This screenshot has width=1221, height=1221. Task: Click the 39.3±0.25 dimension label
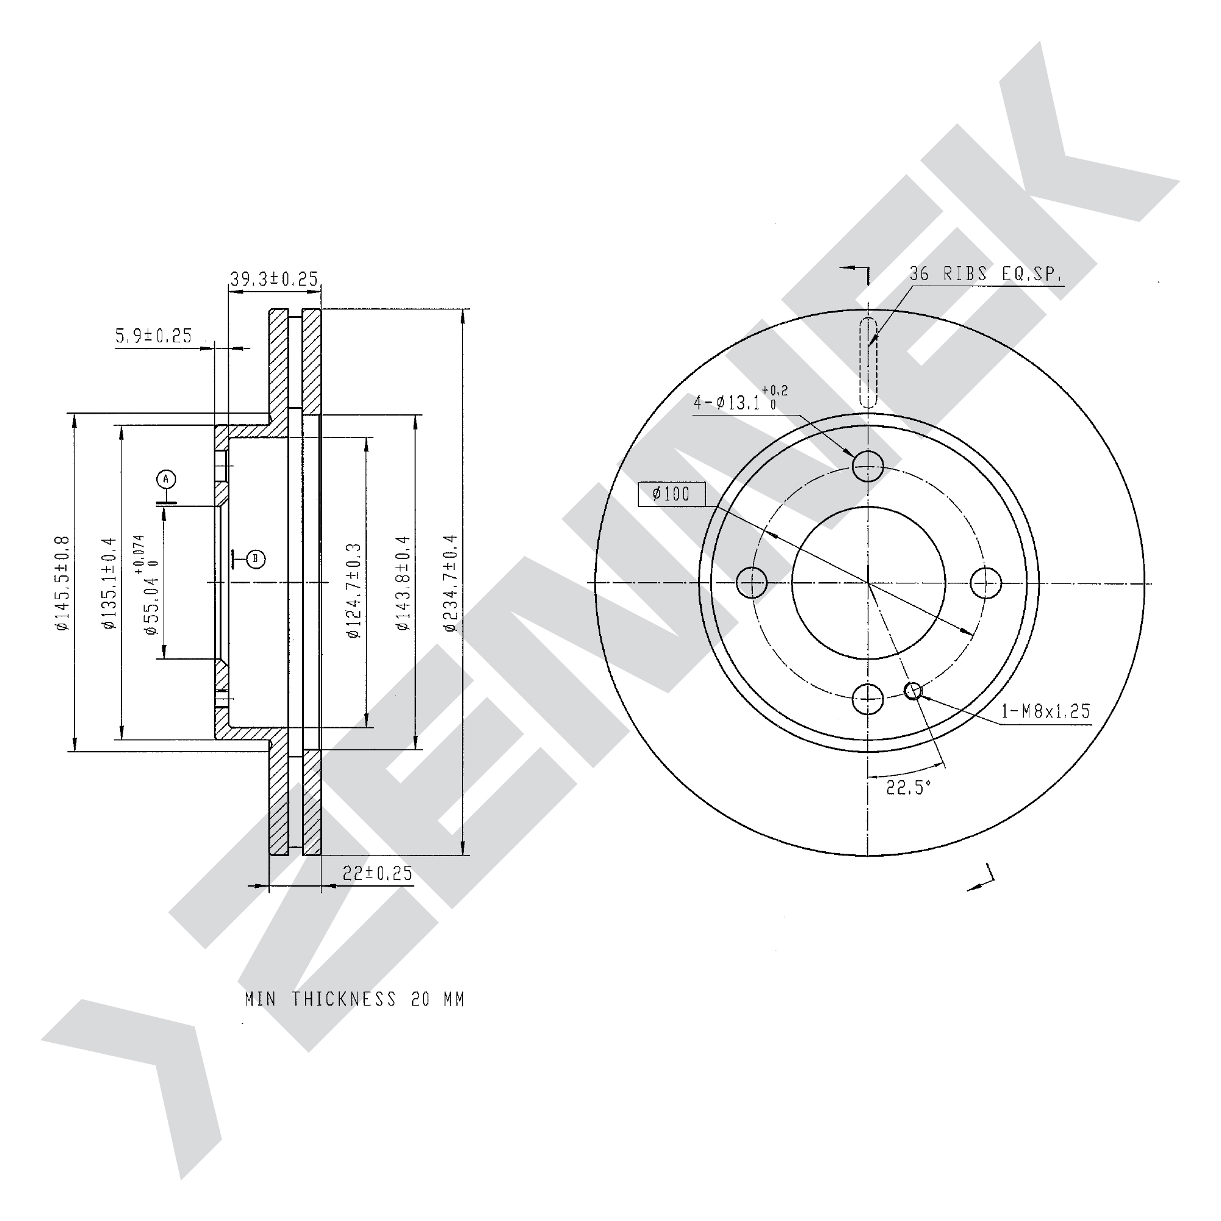[273, 279]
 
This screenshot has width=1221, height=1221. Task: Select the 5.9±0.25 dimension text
[154, 335]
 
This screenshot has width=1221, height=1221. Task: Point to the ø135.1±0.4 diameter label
[109, 583]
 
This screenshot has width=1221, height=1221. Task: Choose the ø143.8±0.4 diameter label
[403, 583]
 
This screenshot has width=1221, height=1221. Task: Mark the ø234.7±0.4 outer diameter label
[450, 583]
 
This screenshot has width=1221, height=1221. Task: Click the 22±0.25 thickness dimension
[377, 873]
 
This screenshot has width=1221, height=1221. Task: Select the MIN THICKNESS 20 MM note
[355, 999]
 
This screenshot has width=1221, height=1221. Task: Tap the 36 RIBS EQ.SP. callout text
[986, 273]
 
